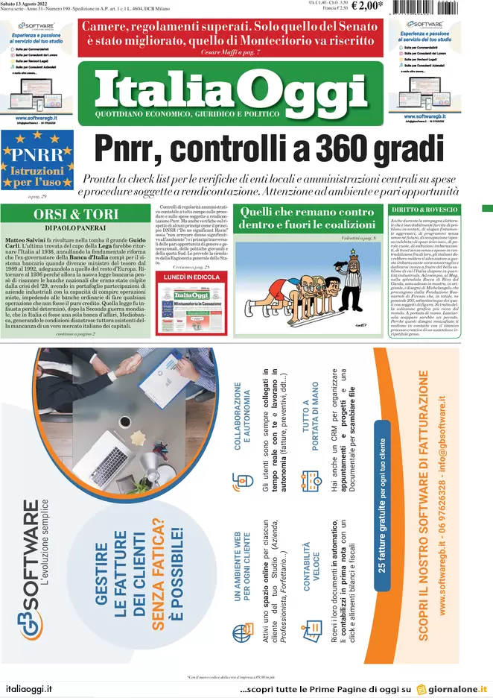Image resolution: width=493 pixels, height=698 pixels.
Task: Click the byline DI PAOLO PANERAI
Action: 69,227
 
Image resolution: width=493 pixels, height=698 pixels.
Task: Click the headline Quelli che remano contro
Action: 306,213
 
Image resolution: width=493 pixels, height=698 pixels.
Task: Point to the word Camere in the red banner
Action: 109,25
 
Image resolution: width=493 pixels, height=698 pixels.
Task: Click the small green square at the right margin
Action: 488,207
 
